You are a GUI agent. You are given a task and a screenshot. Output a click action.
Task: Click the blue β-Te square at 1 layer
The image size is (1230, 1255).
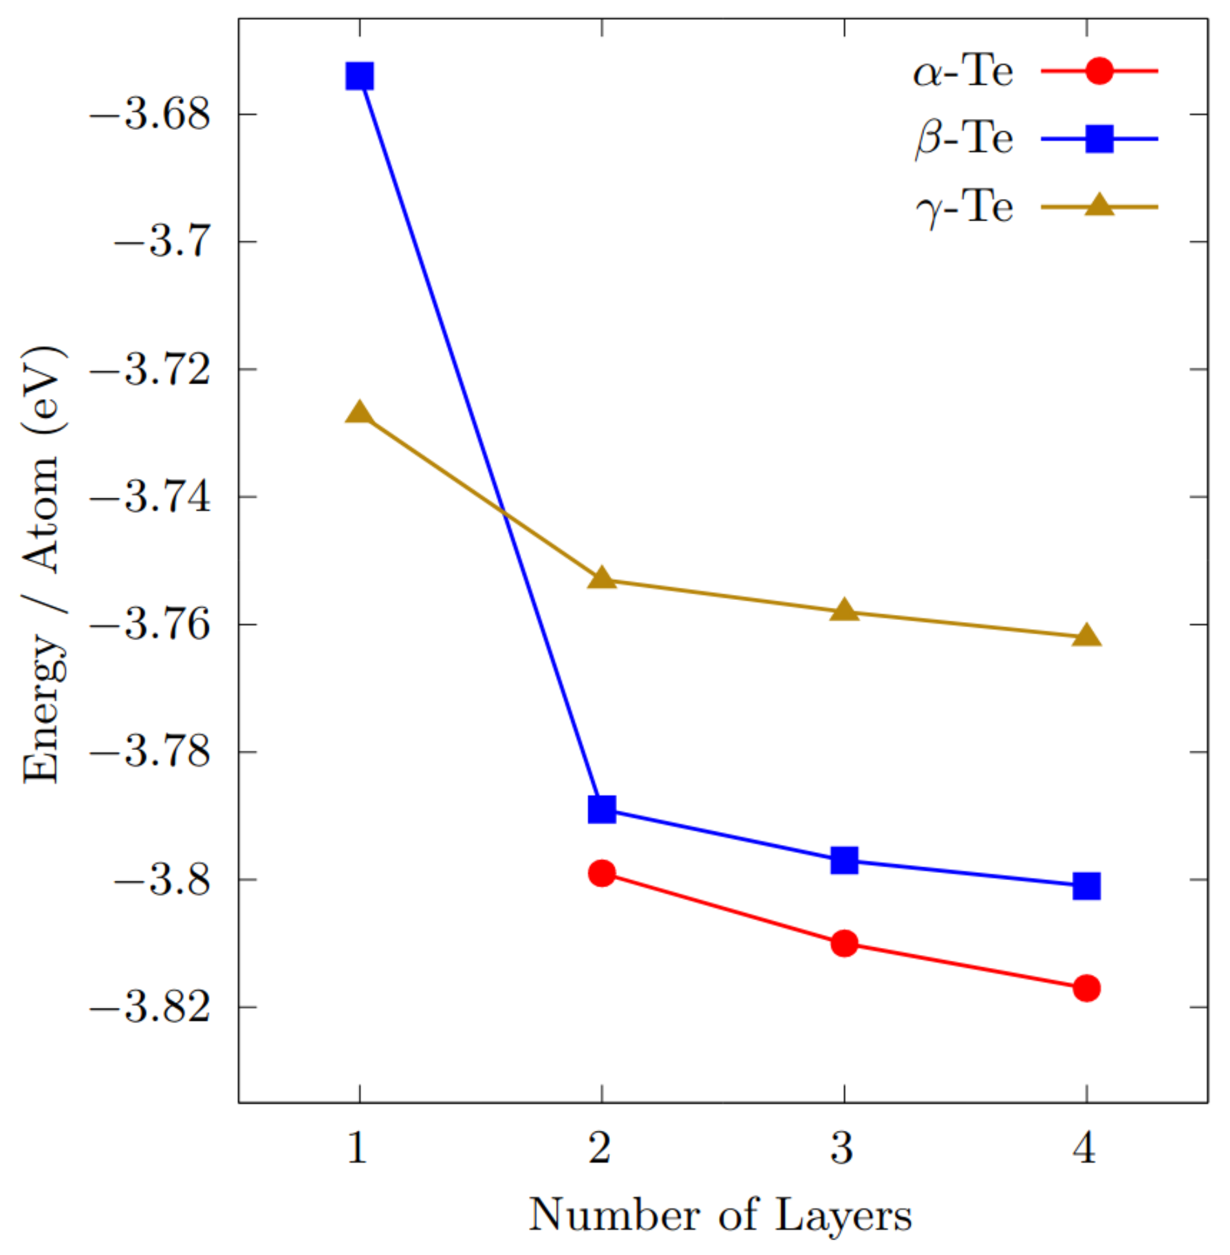click(360, 76)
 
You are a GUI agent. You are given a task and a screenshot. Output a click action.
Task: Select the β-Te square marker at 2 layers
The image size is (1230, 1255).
click(602, 809)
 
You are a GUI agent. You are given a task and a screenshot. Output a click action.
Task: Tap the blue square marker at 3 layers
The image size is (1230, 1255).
click(844, 861)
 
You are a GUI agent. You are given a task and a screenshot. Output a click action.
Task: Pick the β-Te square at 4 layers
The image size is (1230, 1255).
click(1086, 886)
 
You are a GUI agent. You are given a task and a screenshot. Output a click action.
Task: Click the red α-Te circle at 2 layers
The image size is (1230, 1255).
click(602, 874)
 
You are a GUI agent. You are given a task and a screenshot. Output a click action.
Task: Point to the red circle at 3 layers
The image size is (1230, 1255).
click(844, 944)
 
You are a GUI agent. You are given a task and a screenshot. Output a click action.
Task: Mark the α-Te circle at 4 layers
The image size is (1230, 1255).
click(1086, 988)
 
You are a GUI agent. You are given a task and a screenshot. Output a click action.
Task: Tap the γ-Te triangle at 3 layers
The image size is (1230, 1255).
click(844, 610)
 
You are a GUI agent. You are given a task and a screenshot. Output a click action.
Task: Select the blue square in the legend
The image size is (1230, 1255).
click(1099, 139)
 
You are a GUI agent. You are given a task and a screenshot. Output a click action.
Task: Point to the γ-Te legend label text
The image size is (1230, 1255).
click(964, 208)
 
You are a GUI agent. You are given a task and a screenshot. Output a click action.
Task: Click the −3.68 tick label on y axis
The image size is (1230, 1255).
click(151, 115)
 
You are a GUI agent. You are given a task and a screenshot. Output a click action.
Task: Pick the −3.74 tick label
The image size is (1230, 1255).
click(151, 498)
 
